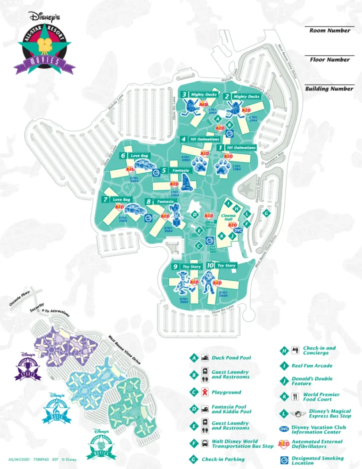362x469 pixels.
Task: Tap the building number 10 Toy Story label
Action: pyautogui.click(x=222, y=266)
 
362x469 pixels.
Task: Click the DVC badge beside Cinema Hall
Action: pyautogui.click(x=238, y=230)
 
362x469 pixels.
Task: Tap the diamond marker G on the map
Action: pyautogui.click(x=266, y=213)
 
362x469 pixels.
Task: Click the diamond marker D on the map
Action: pyautogui.click(x=194, y=215)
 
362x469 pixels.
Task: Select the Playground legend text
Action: pyautogui.click(x=226, y=392)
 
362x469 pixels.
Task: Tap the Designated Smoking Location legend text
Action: pyautogui.click(x=318, y=460)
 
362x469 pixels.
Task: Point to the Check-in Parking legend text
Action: pyautogui.click(x=223, y=459)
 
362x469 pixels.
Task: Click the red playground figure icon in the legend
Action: pyautogui.click(x=206, y=392)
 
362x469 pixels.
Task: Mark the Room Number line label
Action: pyautogui.click(x=330, y=31)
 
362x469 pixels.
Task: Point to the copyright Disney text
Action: pyautogui.click(x=68, y=459)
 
